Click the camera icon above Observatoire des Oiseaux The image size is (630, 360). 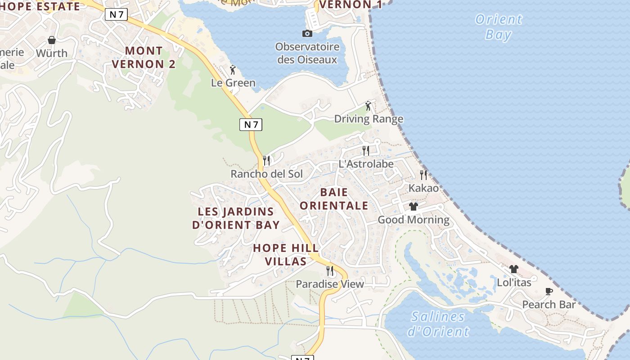pos(307,33)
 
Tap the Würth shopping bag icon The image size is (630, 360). pos(52,40)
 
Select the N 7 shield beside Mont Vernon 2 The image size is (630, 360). pos(116,14)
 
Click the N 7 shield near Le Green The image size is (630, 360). pos(250,125)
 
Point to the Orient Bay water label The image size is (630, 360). pos(499,27)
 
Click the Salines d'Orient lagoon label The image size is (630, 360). pos(438,324)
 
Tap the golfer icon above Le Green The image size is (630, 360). pos(233,70)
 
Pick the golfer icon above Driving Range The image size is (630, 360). pos(369,106)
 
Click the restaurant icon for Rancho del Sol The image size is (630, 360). pos(266,160)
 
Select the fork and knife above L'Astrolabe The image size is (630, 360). pos(366,150)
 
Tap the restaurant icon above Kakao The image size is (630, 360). pos(423,175)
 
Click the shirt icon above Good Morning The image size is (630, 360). pos(414,207)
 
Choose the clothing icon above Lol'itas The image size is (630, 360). pos(514,269)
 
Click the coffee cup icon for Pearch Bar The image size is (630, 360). pos(549,291)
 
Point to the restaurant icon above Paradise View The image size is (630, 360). pos(330,270)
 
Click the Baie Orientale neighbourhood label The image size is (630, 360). pos(334,199)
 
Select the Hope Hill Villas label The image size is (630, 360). pos(286,254)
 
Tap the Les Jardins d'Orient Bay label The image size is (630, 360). pos(236,218)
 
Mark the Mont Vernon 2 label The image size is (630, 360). pos(144,57)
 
